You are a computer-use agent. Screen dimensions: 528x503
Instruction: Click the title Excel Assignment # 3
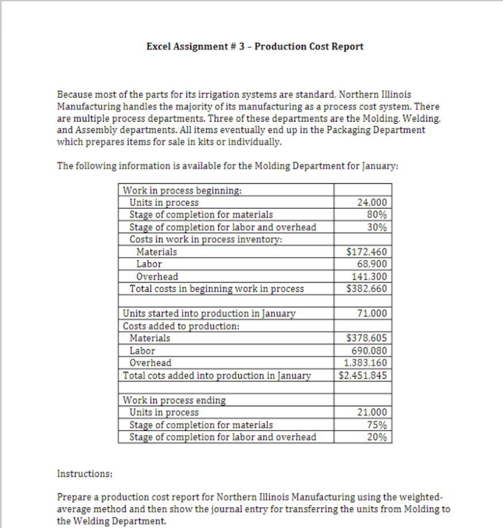255,46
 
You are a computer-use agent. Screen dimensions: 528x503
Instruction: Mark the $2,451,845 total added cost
363,375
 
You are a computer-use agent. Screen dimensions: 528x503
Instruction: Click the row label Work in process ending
174,400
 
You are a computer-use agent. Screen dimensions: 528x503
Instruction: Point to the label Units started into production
209,314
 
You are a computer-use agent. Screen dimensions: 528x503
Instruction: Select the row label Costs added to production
181,326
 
